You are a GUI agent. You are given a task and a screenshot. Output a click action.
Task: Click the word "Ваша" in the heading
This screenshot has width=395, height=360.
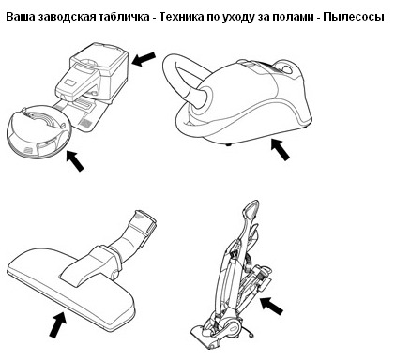(21, 17)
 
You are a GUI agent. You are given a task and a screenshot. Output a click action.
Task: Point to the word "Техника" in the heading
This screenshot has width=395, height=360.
(180, 17)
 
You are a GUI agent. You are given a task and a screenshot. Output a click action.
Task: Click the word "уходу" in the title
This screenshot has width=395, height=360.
(237, 17)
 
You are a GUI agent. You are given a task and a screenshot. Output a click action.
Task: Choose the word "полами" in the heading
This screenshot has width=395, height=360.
(293, 17)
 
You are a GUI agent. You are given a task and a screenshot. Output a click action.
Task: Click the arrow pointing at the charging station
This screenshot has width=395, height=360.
(144, 59)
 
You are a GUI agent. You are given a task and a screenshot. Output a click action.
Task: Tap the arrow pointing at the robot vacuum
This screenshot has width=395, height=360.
(75, 160)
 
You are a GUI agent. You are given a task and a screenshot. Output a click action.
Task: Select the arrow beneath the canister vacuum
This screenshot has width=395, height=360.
(280, 150)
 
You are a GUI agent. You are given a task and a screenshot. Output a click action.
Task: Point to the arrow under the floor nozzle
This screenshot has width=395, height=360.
(58, 325)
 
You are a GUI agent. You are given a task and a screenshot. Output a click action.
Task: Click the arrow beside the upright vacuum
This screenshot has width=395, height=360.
(271, 306)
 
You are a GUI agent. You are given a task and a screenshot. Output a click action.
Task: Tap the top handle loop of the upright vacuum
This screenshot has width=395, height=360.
(250, 210)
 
